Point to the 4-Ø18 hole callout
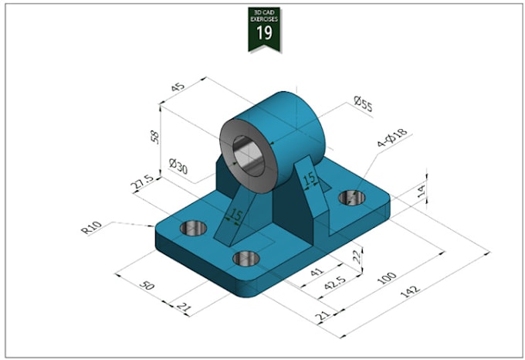(x=392, y=140)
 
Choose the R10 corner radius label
(x=91, y=229)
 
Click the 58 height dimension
(x=154, y=137)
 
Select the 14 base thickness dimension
(x=421, y=191)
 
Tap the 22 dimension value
(x=356, y=256)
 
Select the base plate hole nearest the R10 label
(x=193, y=228)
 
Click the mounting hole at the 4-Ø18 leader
(x=352, y=198)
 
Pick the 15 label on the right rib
(x=309, y=179)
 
